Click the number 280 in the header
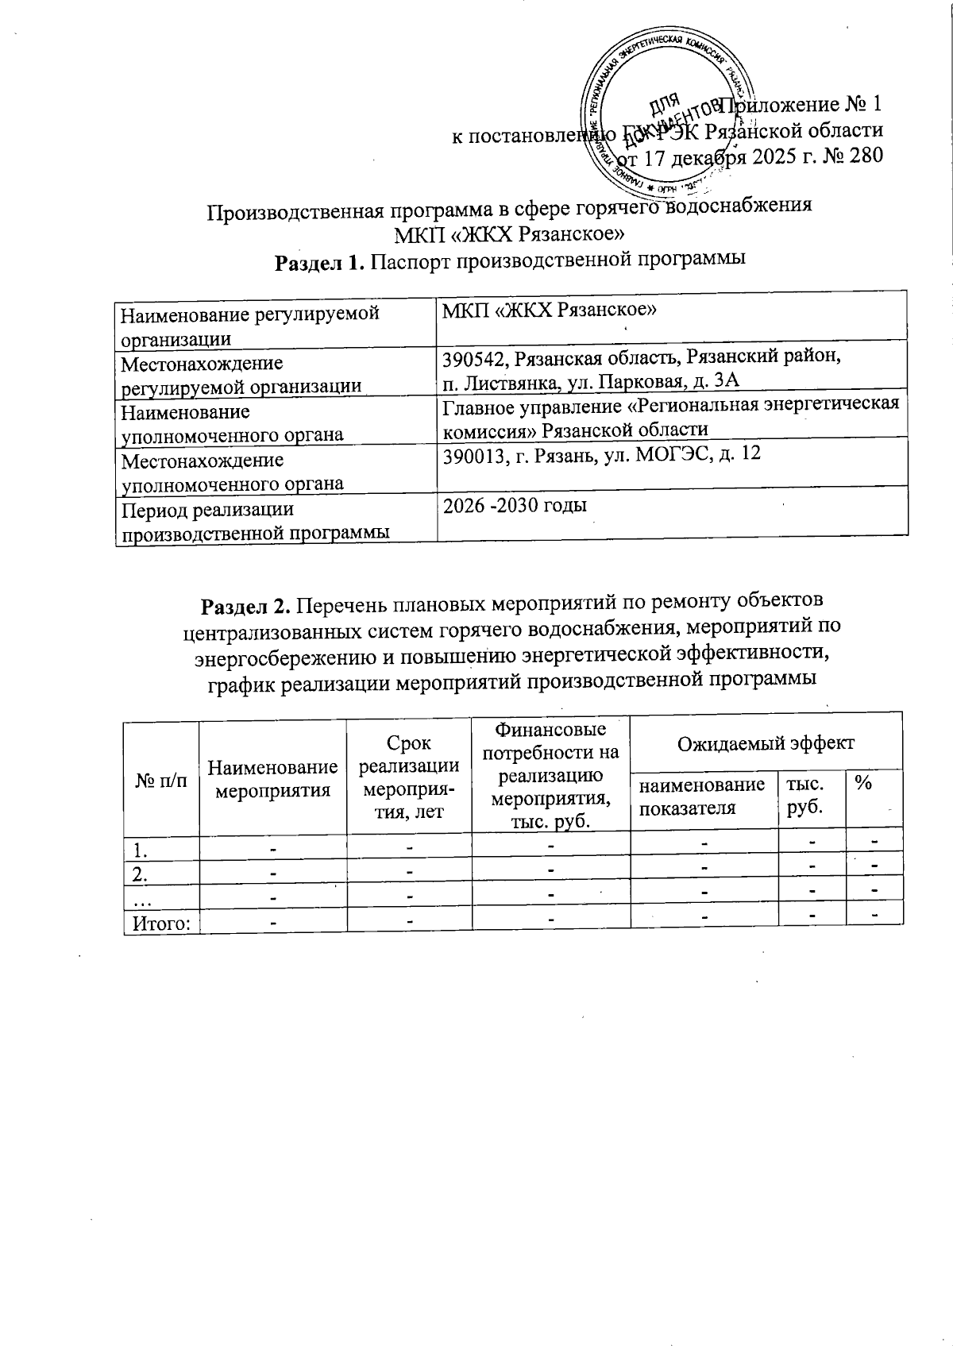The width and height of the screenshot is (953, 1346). (x=866, y=156)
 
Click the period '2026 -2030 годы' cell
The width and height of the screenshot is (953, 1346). (x=515, y=505)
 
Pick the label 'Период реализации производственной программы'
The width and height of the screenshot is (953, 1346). (x=254, y=520)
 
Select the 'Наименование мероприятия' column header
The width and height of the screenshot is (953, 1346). (x=272, y=778)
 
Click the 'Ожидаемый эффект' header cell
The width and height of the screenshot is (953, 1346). (x=765, y=742)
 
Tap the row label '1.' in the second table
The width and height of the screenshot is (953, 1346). (x=141, y=850)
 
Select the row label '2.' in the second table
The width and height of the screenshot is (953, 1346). (x=141, y=875)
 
